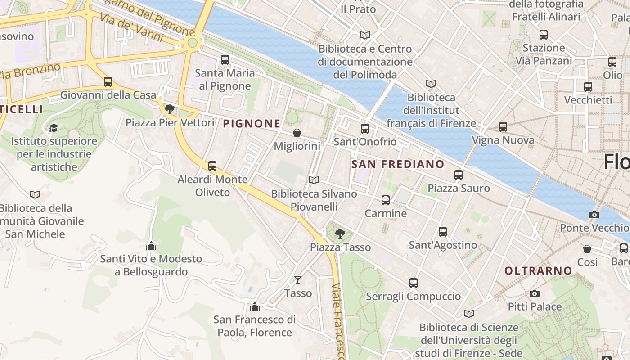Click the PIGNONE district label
click(x=252, y=124)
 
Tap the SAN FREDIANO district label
click(x=398, y=164)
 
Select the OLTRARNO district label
click(x=538, y=271)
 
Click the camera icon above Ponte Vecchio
click(x=594, y=215)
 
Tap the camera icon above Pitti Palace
click(x=534, y=293)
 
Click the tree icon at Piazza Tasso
click(x=340, y=234)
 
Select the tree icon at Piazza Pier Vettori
click(x=170, y=109)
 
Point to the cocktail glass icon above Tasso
click(x=297, y=280)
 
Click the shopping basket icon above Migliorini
click(x=297, y=133)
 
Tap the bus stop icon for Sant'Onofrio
click(x=365, y=129)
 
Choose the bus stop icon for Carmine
click(x=386, y=200)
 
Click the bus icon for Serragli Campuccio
click(x=414, y=283)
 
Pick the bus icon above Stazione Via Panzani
click(x=544, y=35)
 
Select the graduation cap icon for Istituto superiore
click(x=54, y=128)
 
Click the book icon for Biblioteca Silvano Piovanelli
click(x=314, y=180)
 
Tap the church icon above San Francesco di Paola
click(x=255, y=306)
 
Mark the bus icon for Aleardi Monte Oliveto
click(x=212, y=166)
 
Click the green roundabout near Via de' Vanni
click(x=192, y=43)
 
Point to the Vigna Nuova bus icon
click(x=503, y=127)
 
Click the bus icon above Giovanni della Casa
click(x=108, y=82)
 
